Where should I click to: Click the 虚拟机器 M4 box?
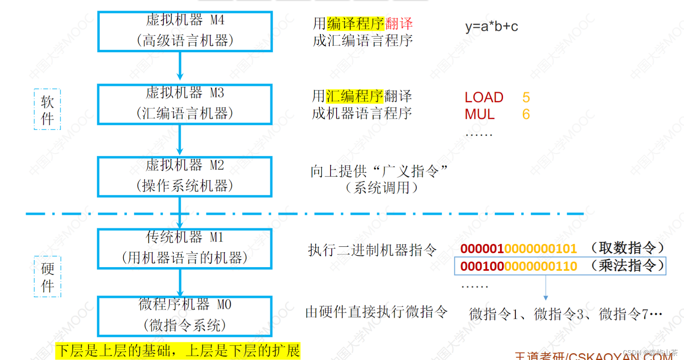click(x=185, y=31)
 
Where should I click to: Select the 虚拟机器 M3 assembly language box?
click(x=185, y=104)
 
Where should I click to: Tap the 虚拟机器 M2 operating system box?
click(x=185, y=176)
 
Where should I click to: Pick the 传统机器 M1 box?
click(x=185, y=249)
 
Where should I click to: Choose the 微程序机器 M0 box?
click(x=185, y=316)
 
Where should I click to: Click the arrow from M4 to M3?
click(x=180, y=67)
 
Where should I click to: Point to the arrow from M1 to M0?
click(x=180, y=283)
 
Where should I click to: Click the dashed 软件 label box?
click(x=47, y=109)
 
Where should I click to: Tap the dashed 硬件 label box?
click(x=47, y=277)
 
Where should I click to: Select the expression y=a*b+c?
click(x=492, y=27)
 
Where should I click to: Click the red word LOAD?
click(x=484, y=98)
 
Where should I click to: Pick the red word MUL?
click(x=480, y=115)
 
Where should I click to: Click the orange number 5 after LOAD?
click(x=526, y=98)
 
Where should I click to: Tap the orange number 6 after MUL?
click(x=526, y=115)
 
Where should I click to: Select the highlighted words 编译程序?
click(x=356, y=24)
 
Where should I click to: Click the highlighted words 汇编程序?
click(x=355, y=96)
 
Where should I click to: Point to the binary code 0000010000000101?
click(x=519, y=249)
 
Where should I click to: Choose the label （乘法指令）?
click(x=627, y=266)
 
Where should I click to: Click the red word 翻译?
click(x=399, y=24)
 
